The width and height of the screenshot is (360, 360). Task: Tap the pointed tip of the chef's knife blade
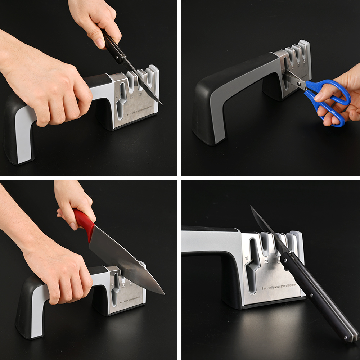click(164, 294)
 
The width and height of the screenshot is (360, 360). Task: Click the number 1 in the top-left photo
click(118, 96)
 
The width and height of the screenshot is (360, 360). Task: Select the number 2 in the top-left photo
click(131, 96)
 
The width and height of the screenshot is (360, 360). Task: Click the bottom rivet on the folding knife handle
click(347, 338)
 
